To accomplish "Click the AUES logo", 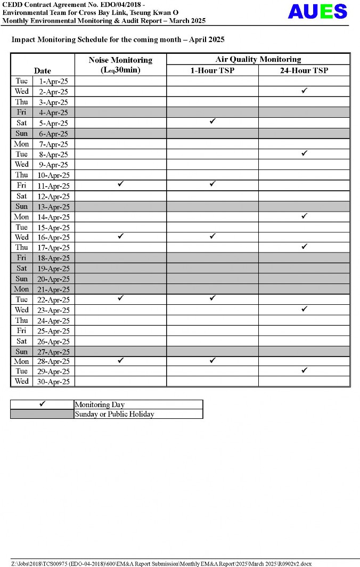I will pyautogui.click(x=317, y=11).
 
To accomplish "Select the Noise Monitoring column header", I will pyautogui.click(x=120, y=64).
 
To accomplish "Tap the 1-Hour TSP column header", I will pyautogui.click(x=212, y=70).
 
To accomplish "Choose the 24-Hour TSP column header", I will pyautogui.click(x=304, y=70).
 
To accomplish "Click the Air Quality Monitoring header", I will pyautogui.click(x=258, y=59).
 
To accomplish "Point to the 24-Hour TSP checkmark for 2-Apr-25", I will pyautogui.click(x=305, y=91).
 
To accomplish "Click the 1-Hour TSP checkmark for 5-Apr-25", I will pyautogui.click(x=212, y=122).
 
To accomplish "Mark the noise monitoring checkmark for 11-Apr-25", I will pyautogui.click(x=120, y=184).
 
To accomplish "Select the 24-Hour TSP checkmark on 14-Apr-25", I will pyautogui.click(x=305, y=216).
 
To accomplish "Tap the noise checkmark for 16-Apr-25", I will pyautogui.click(x=120, y=236).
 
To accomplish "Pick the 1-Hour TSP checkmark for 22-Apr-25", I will pyautogui.click(x=212, y=298).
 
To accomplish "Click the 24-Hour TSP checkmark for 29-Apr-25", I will pyautogui.click(x=305, y=370).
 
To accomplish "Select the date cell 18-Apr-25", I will pyautogui.click(x=53, y=258).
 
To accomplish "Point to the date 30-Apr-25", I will pyautogui.click(x=53, y=382).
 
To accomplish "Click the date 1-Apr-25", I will pyautogui.click(x=53, y=82).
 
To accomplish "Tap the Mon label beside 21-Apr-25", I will pyautogui.click(x=22, y=289).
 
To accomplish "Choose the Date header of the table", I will pyautogui.click(x=43, y=70).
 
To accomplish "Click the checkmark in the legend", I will pyautogui.click(x=42, y=404).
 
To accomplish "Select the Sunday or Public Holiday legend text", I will pyautogui.click(x=114, y=414).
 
